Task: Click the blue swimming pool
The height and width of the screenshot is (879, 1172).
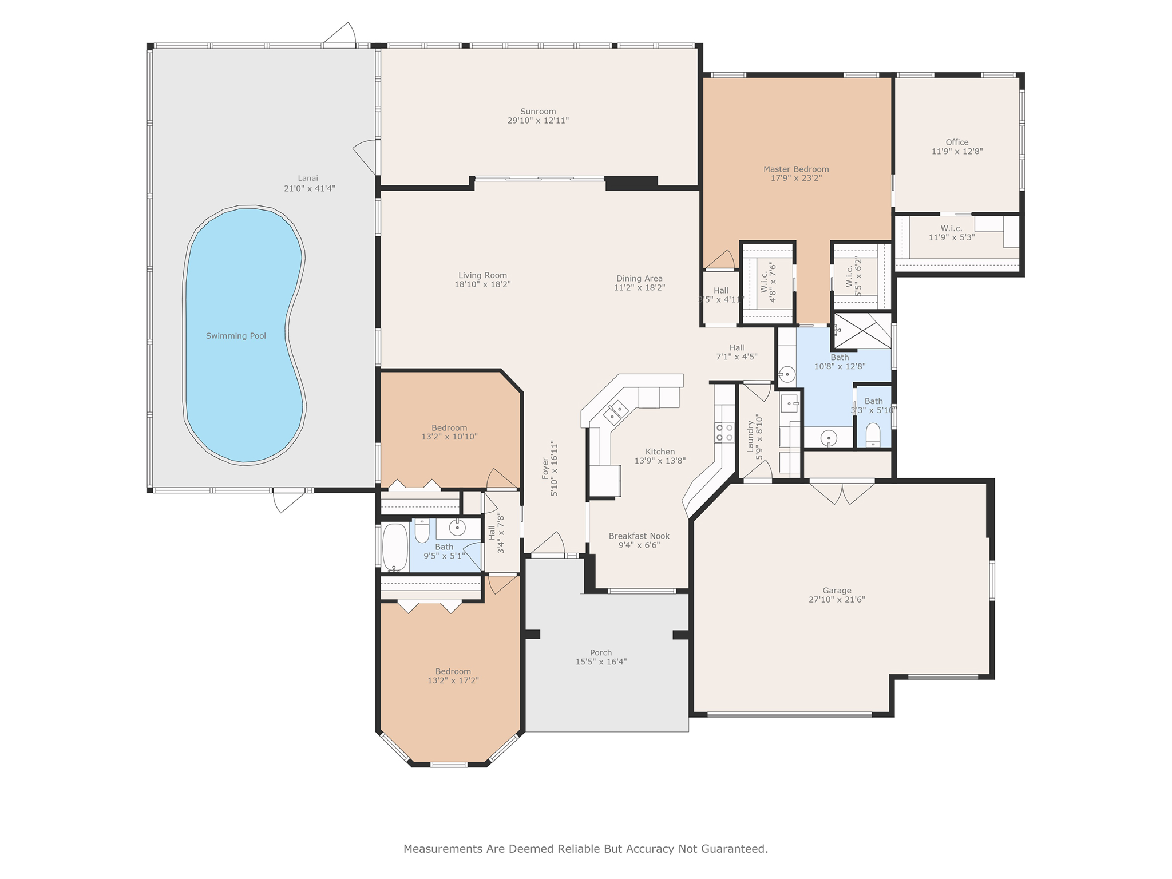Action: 243,335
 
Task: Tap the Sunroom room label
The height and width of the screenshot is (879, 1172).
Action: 538,112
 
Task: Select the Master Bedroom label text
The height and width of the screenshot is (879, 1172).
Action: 796,169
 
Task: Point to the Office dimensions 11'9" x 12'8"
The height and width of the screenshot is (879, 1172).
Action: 957,152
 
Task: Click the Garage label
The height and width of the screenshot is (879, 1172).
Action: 837,591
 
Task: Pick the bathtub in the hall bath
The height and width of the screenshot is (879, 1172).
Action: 395,547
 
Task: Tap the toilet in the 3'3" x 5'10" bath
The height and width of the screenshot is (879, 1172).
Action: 873,435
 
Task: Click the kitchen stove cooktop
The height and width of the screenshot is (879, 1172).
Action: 724,432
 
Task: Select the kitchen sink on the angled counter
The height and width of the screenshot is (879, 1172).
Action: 616,413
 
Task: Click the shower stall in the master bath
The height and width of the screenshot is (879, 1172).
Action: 862,331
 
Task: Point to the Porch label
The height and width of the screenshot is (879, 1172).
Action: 601,652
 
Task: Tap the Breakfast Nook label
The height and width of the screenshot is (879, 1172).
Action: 639,536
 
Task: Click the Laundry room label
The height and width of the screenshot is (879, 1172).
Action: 750,437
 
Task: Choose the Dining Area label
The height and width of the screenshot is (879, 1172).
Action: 639,279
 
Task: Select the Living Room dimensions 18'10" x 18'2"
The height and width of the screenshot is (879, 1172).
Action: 482,284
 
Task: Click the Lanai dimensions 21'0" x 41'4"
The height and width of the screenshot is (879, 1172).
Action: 310,188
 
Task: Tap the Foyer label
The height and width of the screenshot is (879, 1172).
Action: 545,468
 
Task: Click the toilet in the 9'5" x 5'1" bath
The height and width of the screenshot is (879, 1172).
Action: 422,530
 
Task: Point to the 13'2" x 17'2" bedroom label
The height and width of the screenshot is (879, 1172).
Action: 453,676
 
